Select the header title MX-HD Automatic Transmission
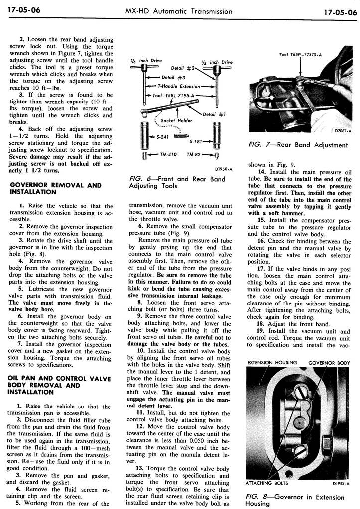179,11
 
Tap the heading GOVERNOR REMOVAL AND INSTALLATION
55,188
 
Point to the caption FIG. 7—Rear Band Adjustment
298,145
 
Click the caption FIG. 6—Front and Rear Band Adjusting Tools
177,182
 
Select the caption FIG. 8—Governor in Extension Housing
295,500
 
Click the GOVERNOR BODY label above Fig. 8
329,363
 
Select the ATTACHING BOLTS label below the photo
266,483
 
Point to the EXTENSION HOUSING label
272,363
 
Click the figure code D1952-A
340,483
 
